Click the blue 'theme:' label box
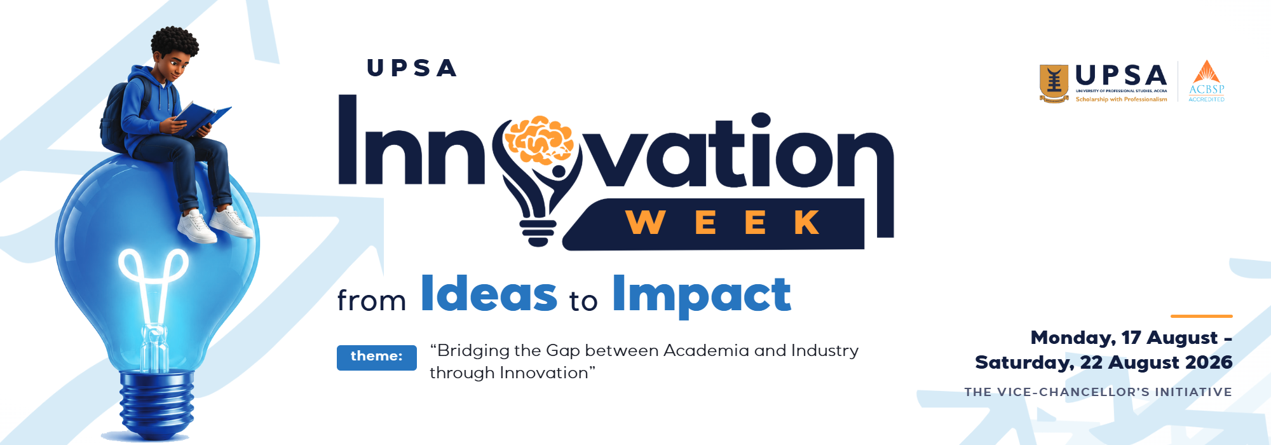click(377, 357)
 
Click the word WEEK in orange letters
click(723, 222)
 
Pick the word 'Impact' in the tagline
click(702, 296)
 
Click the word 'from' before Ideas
click(372, 300)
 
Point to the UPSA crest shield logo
click(1054, 83)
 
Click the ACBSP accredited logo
click(1207, 81)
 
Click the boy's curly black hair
click(174, 41)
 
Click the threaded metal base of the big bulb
click(157, 404)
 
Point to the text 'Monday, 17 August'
click(1124, 338)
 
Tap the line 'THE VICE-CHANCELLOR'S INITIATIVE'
click(1098, 392)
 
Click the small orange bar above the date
click(1202, 316)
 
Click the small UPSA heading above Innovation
click(412, 68)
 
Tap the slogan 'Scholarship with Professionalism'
click(1122, 99)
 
